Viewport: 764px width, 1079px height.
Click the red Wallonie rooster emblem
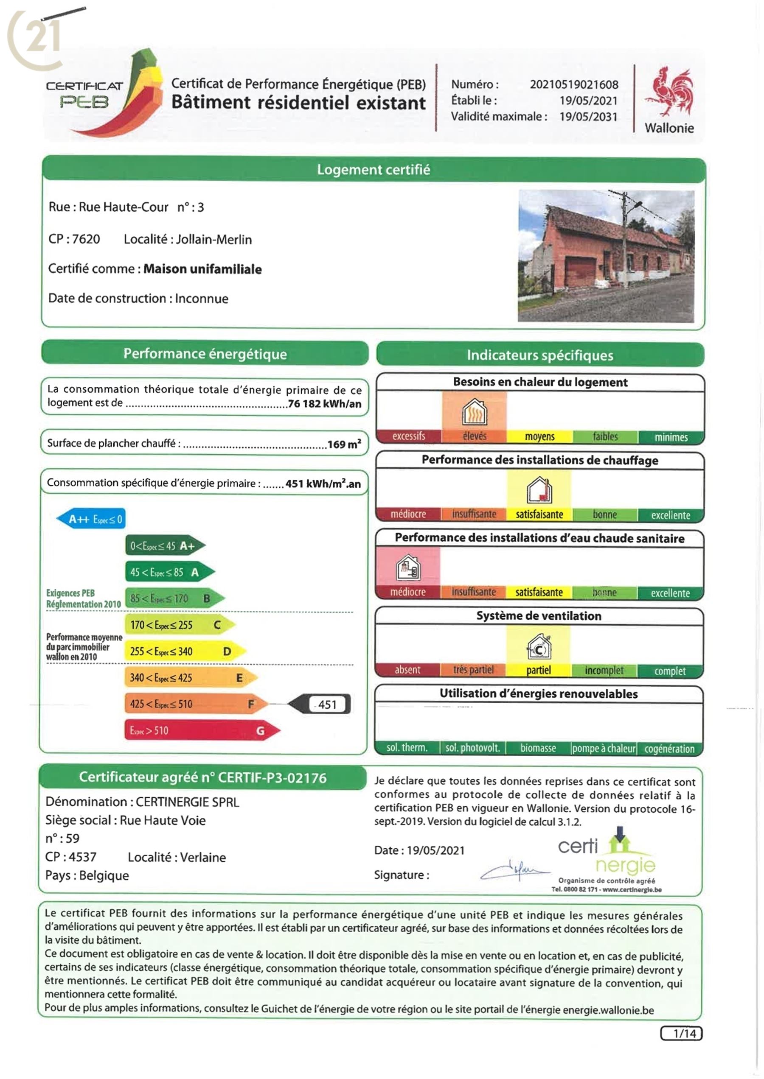[669, 92]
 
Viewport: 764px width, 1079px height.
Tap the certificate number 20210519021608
[574, 85]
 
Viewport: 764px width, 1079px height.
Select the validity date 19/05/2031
[588, 117]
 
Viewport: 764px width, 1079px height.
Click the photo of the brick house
[606, 256]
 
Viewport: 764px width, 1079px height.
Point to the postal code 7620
[86, 239]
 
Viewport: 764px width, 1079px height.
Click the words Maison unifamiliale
[202, 269]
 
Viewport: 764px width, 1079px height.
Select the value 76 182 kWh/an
[325, 404]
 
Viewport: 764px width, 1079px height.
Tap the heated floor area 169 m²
[344, 444]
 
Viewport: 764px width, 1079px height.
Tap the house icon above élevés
[474, 412]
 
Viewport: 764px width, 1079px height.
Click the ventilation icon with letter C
[539, 647]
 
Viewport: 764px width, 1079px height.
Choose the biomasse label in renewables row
[538, 748]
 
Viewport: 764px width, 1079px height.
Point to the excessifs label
[408, 436]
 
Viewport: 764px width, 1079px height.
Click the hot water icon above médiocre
[408, 567]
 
